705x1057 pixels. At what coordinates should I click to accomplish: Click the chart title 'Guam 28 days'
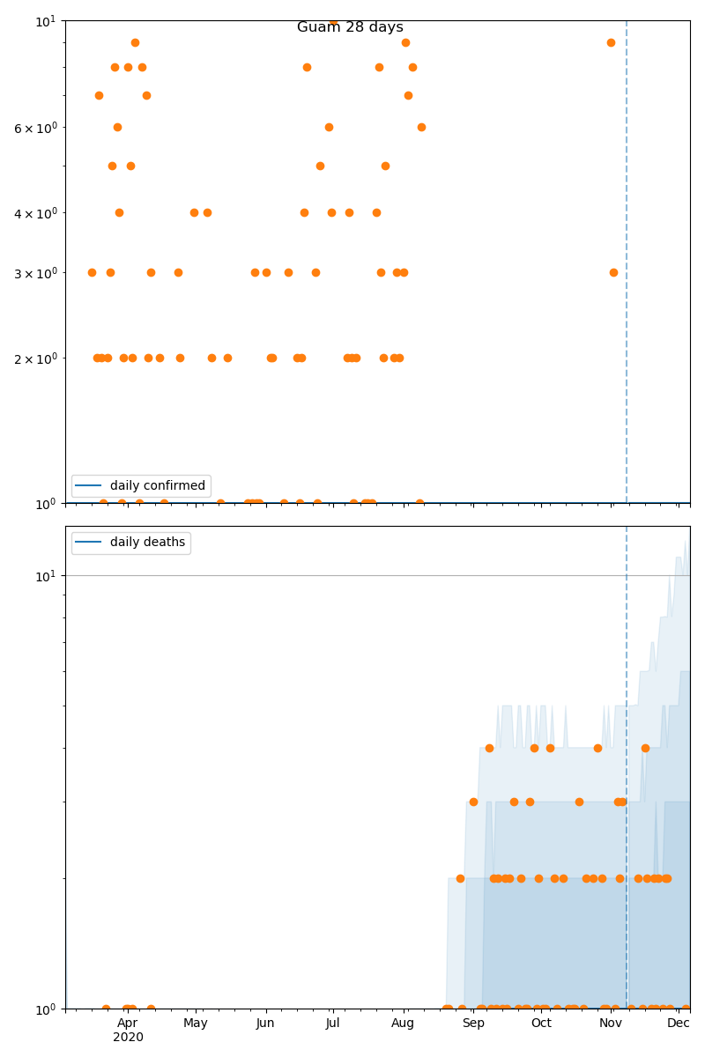[x=350, y=27]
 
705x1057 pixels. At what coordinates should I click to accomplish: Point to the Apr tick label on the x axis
[x=128, y=1023]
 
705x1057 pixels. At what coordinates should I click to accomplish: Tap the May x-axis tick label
[x=196, y=1023]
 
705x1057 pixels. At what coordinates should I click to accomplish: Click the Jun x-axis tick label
[x=265, y=1023]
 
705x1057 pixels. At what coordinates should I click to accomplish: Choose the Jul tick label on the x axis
[x=333, y=1023]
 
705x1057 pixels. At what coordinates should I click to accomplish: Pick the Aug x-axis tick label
[x=403, y=1023]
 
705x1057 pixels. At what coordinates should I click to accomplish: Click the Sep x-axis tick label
[x=473, y=1023]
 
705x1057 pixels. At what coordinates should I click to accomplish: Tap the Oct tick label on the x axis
[x=541, y=1023]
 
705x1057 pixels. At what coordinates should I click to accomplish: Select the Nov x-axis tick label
[x=611, y=1023]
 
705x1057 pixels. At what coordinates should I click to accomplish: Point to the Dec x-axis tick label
[x=679, y=1023]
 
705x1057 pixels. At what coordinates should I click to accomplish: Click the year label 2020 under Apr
[x=128, y=1038]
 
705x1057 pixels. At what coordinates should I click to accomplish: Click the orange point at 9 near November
[x=611, y=42]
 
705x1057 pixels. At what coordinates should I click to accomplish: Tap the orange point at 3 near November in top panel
[x=613, y=272]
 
